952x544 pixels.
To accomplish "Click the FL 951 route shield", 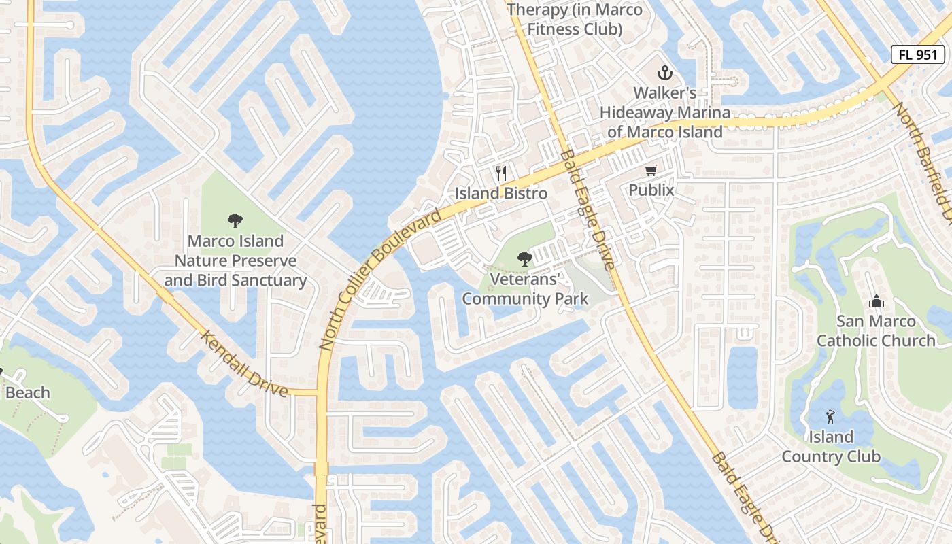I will coord(918,55).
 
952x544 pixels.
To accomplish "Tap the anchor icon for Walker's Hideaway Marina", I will coord(664,73).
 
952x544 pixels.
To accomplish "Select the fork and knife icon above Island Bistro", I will coord(502,173).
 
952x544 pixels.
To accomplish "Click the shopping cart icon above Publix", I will coord(651,170).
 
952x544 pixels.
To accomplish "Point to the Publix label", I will coord(651,190).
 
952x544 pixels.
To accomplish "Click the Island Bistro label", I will coord(501,193).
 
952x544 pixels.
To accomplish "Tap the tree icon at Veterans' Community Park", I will coord(524,258).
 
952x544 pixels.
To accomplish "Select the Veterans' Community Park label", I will coord(525,289).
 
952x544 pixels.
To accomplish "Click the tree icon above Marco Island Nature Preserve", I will coord(235,221).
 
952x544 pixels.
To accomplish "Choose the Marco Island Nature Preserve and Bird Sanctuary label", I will coord(235,260).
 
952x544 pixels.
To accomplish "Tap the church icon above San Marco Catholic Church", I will coord(877,301).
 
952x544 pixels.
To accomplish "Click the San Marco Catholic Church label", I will coord(876,331).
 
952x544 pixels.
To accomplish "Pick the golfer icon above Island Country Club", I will coord(830,417).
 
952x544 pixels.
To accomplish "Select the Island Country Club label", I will coord(831,447).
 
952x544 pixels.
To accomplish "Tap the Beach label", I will coord(28,393).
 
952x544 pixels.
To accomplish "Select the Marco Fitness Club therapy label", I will coord(575,19).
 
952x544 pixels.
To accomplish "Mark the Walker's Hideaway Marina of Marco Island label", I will coord(664,112).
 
